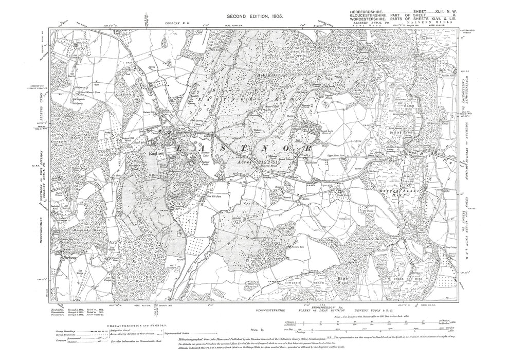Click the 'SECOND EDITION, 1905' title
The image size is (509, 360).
(254, 18)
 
